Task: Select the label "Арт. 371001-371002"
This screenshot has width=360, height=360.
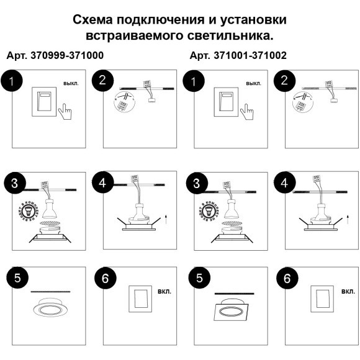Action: pos(238,55)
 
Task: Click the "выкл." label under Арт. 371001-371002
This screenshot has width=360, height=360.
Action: pos(254,83)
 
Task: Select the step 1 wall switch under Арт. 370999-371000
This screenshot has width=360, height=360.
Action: pos(43,102)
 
